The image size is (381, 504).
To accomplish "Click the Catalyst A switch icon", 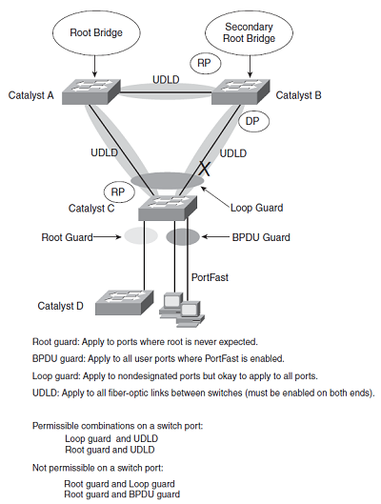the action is point(91,91).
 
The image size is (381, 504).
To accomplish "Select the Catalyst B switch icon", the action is point(241,91).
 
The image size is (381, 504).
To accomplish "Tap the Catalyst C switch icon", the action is point(168,208).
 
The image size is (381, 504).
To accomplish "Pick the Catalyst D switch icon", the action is point(125,302).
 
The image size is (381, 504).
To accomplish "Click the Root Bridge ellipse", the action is point(96,32).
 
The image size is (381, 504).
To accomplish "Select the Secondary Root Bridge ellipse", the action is point(249,32).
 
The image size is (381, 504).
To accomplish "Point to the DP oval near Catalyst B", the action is point(253,121).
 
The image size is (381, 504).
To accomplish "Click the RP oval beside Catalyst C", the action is point(119,192).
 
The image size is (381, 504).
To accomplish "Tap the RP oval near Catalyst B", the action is point(205,63).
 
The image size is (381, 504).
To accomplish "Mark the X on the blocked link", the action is point(204,169).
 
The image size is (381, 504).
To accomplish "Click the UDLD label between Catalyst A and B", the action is point(166,79).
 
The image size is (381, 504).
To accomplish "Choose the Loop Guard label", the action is point(256,208).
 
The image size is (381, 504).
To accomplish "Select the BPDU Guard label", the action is point(261,237).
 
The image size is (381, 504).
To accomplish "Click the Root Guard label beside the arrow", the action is point(67,237).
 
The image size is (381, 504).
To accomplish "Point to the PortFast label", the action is point(210,277).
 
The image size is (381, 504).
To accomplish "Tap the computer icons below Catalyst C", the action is point(182,310).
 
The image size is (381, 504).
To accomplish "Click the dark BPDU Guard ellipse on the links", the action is point(183,237).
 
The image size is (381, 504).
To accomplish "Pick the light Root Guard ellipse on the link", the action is point(141,236).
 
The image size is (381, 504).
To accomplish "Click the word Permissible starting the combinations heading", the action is point(55,426).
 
